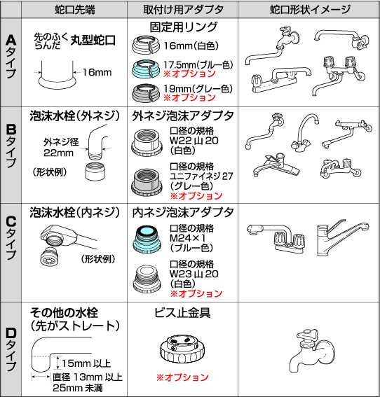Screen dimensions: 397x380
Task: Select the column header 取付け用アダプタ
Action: coord(182,10)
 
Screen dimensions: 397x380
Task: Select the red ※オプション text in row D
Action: coord(182,377)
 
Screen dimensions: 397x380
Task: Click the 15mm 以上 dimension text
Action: coord(83,363)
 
